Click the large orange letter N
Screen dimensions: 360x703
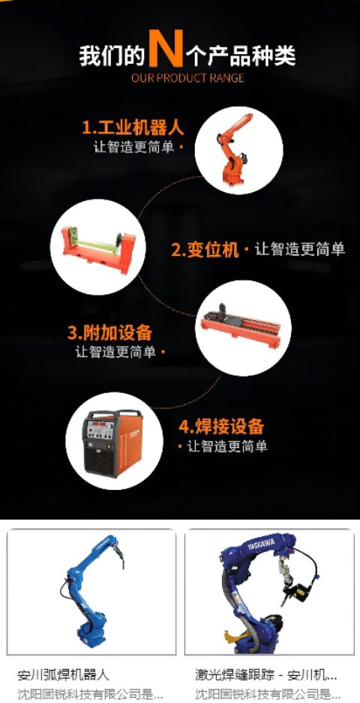click(166, 48)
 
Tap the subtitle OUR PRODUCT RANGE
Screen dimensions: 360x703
click(187, 78)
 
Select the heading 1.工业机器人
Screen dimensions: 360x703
click(133, 128)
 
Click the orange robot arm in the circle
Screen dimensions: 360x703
click(233, 149)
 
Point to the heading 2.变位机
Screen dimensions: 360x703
click(205, 249)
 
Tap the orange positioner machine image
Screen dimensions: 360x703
click(98, 248)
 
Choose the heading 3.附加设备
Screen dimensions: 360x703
click(109, 333)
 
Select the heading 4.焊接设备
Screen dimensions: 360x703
click(221, 426)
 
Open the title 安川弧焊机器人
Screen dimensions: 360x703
click(63, 674)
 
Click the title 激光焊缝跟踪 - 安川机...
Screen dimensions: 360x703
click(266, 674)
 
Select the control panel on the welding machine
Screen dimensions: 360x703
click(100, 429)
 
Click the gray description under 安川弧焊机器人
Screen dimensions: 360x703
click(90, 694)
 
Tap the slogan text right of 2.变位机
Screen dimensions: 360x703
click(300, 249)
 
